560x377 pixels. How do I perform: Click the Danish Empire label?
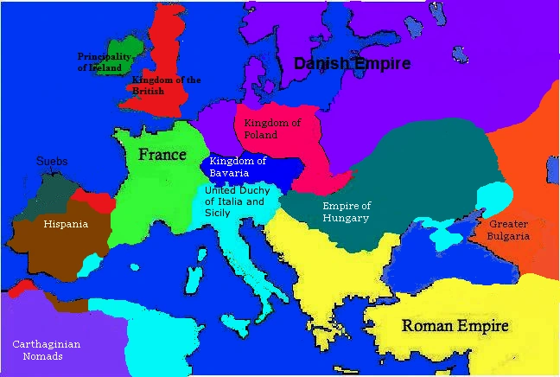tap(352, 63)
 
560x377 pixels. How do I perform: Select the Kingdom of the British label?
tap(166, 86)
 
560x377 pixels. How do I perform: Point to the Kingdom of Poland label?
tap(272, 129)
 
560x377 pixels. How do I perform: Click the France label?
tap(162, 156)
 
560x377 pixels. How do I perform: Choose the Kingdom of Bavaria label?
tap(238, 167)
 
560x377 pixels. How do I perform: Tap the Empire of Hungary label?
tap(346, 212)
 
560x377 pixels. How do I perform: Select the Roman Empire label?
tap(455, 326)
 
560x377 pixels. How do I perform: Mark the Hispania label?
tap(66, 225)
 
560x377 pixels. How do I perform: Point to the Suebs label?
tap(52, 162)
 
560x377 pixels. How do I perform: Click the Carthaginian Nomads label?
tap(46, 350)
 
